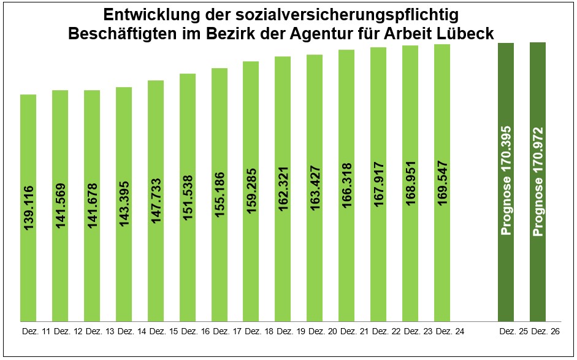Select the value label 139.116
(x=28, y=208)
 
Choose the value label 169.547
(x=442, y=185)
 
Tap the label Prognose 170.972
(x=538, y=180)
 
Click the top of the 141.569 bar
(x=60, y=91)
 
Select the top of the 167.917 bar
(x=378, y=48)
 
